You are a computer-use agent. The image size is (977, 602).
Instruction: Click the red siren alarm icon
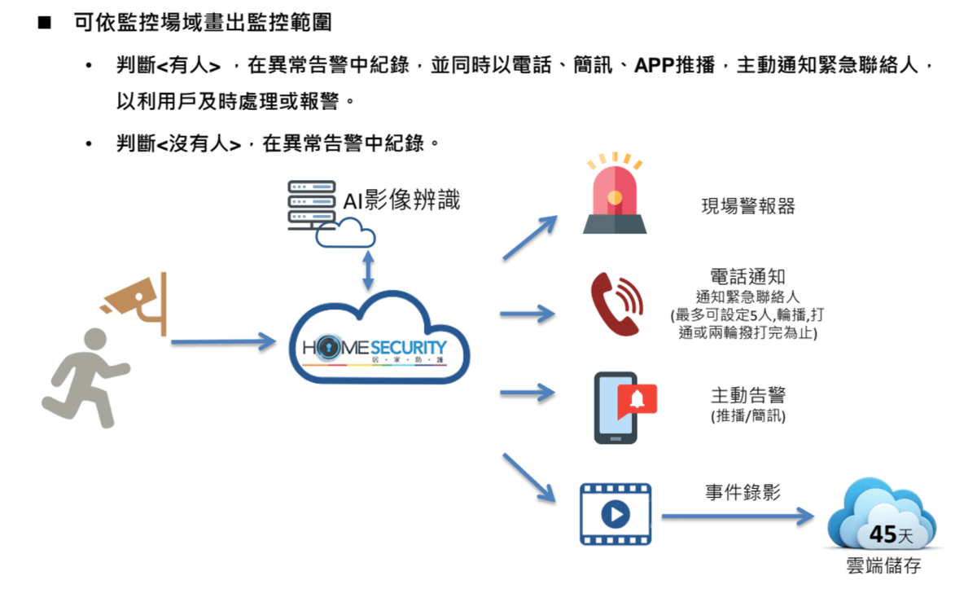pos(615,195)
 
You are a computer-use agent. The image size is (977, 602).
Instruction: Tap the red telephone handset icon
pos(616,305)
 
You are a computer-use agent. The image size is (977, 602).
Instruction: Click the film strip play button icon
pos(616,514)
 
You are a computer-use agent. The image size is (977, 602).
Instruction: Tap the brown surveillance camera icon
pos(138,301)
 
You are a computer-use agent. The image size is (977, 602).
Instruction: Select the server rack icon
pos(312,204)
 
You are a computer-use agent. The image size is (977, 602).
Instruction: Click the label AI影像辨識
pos(401,200)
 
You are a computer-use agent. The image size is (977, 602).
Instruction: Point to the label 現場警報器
pos(748,205)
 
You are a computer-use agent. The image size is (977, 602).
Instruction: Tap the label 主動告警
pos(748,396)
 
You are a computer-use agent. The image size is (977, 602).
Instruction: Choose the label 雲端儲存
pos(883,565)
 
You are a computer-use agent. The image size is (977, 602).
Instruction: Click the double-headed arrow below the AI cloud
pos(368,270)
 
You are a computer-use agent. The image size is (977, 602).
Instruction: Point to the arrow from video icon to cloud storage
pos(738,516)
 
